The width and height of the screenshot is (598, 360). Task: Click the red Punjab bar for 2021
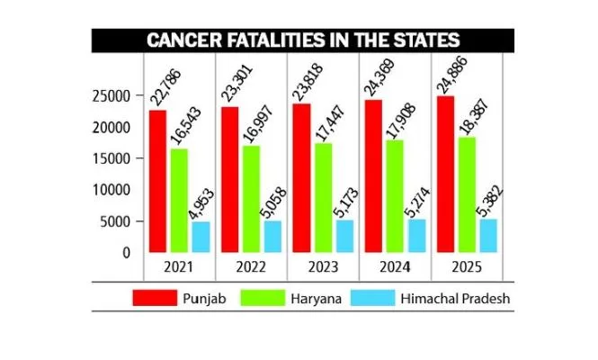click(x=158, y=180)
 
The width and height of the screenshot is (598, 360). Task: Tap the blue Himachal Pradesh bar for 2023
click(x=343, y=236)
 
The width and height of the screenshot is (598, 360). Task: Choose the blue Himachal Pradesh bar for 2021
click(x=201, y=237)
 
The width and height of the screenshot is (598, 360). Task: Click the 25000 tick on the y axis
click(x=114, y=96)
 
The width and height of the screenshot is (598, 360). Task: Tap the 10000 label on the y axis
click(x=114, y=190)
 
